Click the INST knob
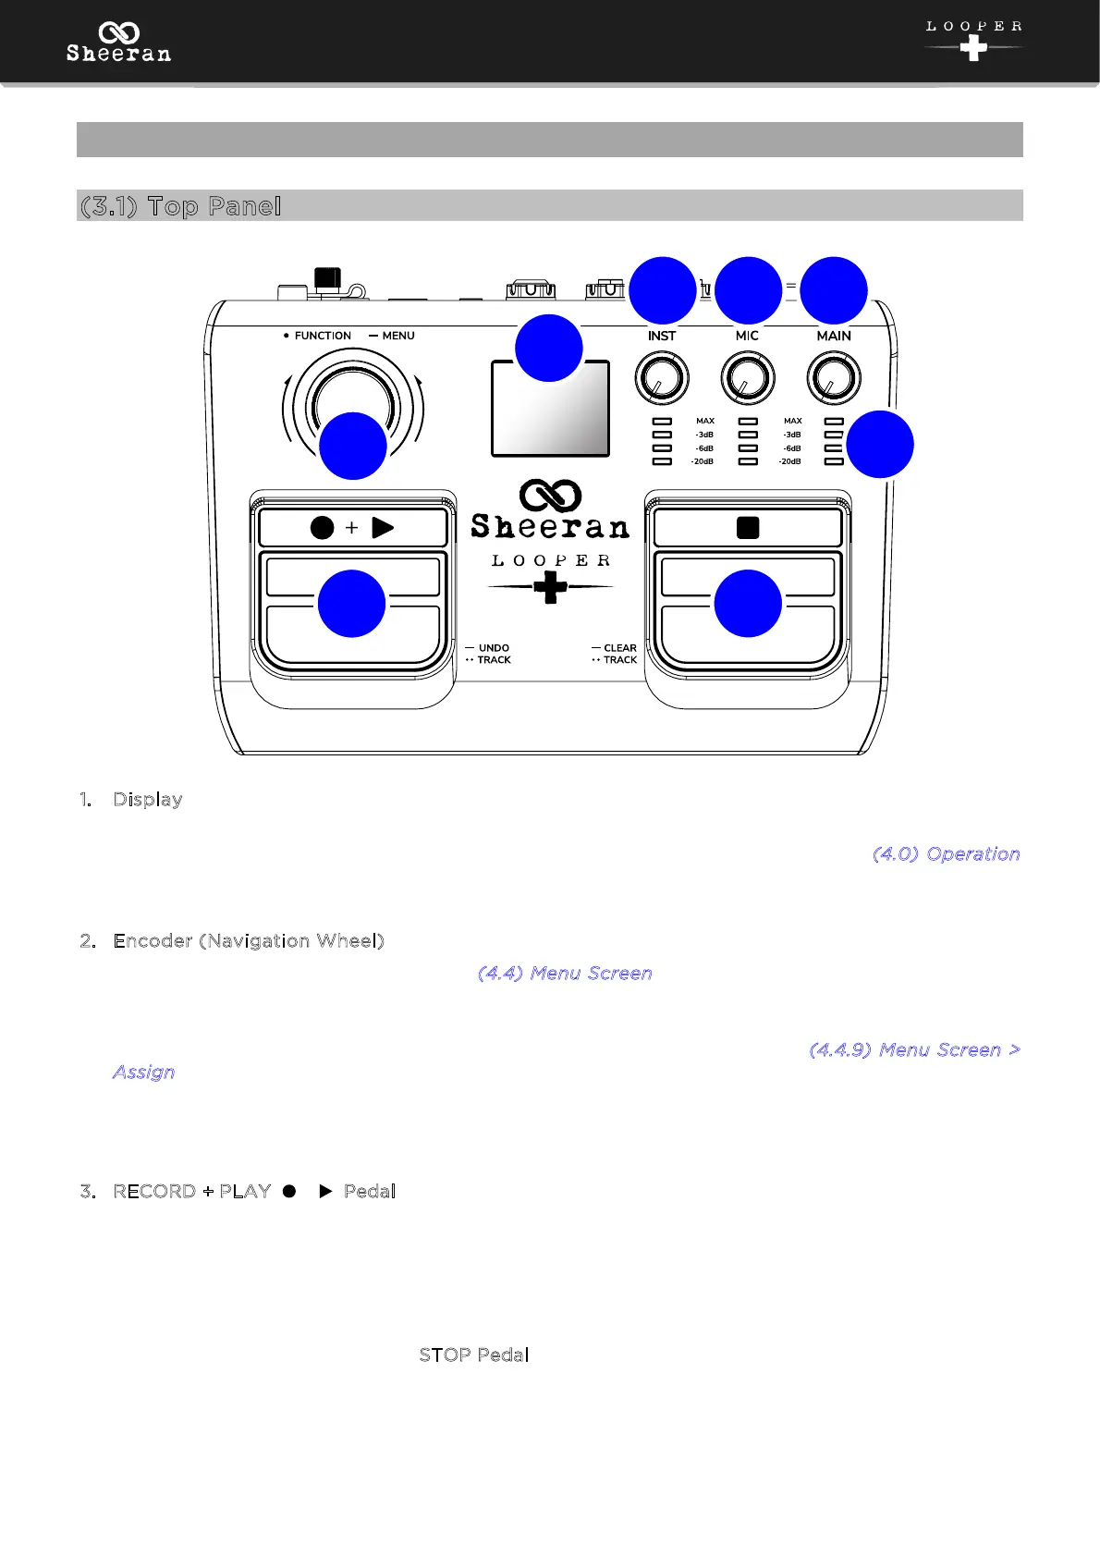pyautogui.click(x=662, y=378)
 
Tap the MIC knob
pyautogui.click(x=747, y=378)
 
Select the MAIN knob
pyautogui.click(x=834, y=378)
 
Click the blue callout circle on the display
pyautogui.click(x=548, y=349)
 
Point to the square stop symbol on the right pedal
pyautogui.click(x=748, y=528)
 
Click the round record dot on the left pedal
pyautogui.click(x=322, y=528)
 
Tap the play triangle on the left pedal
pyautogui.click(x=383, y=528)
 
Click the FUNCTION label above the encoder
pyautogui.click(x=322, y=336)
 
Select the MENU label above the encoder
pyautogui.click(x=397, y=336)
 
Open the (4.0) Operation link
pyautogui.click(x=946, y=853)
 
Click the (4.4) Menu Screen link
pyautogui.click(x=565, y=973)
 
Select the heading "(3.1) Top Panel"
pyautogui.click(x=181, y=206)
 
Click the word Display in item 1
pyautogui.click(x=148, y=799)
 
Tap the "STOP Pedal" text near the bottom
pyautogui.click(x=473, y=1355)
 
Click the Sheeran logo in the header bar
pyautogui.click(x=118, y=43)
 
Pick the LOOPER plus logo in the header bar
pyautogui.click(x=973, y=41)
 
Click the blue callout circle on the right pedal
pyautogui.click(x=748, y=604)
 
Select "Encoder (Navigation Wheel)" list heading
pyautogui.click(x=249, y=940)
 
